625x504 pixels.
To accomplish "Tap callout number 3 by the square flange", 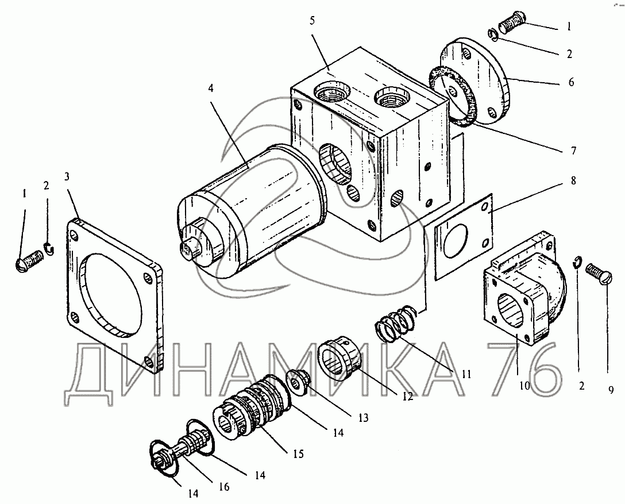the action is pyautogui.click(x=67, y=176).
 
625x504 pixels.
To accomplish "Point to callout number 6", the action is pyautogui.click(x=571, y=82).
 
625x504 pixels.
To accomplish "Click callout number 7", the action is pyautogui.click(x=573, y=151).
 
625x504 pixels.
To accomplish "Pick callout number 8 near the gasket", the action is pyautogui.click(x=573, y=180).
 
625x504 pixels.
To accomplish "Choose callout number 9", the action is pyautogui.click(x=611, y=390).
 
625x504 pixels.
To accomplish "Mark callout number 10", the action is pyautogui.click(x=524, y=386).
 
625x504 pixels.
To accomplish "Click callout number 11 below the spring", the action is pyautogui.click(x=466, y=375).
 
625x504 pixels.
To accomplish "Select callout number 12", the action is pyautogui.click(x=408, y=397).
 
